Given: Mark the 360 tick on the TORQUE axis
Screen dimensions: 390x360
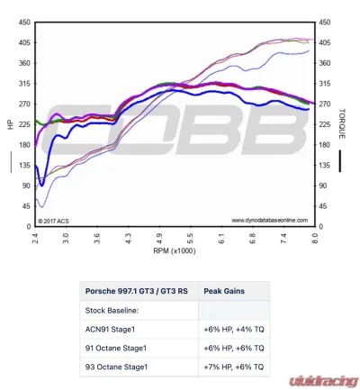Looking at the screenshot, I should pyautogui.click(x=326, y=63).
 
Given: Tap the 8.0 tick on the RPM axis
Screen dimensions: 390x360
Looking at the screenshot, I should pyautogui.click(x=314, y=239).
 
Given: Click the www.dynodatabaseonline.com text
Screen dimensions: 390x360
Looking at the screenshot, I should pyautogui.click(x=269, y=219).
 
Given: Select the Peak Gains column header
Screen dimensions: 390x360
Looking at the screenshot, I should pyautogui.click(x=224, y=291).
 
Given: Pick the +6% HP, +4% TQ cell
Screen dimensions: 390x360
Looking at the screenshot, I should pyautogui.click(x=235, y=329).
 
